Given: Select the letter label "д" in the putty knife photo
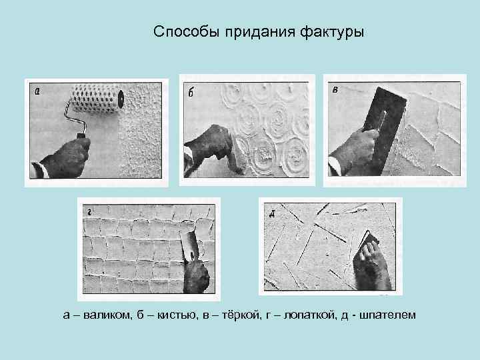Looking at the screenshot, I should tap(272, 214).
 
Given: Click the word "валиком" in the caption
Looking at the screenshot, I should tap(109, 313).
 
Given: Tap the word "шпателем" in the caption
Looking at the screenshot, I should tap(388, 313).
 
